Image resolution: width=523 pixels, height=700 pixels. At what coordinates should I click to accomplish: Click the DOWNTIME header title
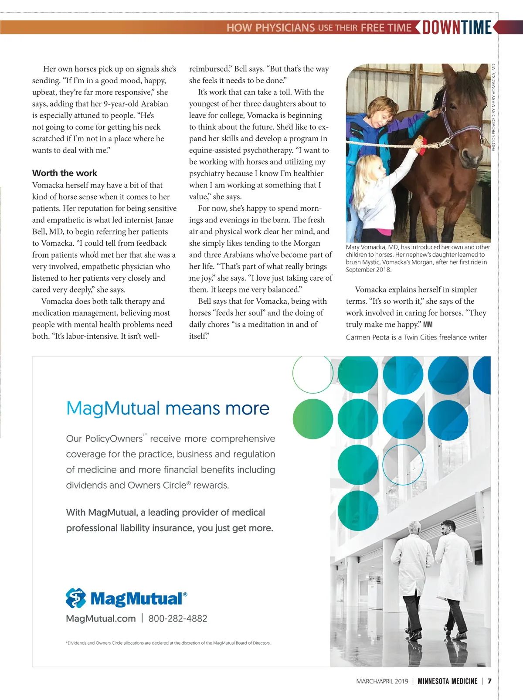(x=457, y=27)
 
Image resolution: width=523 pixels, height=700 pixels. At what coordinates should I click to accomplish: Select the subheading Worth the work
(x=65, y=173)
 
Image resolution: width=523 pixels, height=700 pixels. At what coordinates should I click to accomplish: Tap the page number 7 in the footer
(x=489, y=681)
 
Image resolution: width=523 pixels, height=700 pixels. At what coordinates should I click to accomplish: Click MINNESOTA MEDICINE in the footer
(x=447, y=681)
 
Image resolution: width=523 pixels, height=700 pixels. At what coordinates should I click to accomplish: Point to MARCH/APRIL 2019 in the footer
(x=382, y=681)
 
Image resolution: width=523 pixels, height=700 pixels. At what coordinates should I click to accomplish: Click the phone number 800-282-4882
(x=178, y=618)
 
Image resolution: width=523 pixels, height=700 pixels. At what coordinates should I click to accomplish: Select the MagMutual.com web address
(x=101, y=618)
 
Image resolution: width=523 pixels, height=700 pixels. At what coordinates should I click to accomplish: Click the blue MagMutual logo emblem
(x=76, y=598)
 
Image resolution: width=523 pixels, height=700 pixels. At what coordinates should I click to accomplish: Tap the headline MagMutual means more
(x=168, y=408)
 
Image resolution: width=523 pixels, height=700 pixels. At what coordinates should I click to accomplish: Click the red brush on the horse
(x=420, y=145)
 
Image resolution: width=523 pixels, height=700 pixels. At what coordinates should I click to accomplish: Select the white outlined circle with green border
(x=312, y=374)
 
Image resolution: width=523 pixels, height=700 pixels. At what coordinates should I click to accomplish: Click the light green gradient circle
(x=312, y=419)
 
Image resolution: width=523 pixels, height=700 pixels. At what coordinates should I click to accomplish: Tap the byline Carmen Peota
(x=416, y=337)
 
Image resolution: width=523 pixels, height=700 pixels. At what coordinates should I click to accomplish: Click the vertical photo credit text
(x=493, y=108)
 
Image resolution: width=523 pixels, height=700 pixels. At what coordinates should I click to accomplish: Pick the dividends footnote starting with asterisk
(x=168, y=643)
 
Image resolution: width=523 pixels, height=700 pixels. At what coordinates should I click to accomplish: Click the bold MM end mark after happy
(x=428, y=325)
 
